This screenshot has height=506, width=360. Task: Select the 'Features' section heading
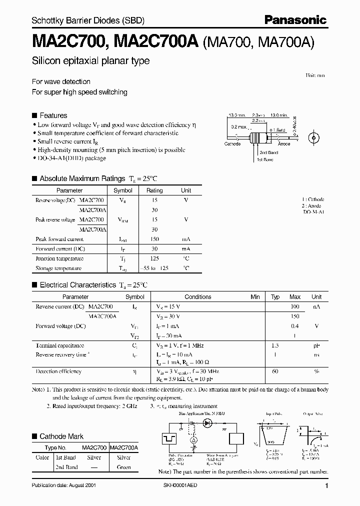(53, 115)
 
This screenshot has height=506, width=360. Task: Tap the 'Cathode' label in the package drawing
(232, 144)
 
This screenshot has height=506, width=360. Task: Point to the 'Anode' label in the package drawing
(284, 144)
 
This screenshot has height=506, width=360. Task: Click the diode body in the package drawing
(260, 136)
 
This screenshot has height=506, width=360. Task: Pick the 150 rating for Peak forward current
(154, 239)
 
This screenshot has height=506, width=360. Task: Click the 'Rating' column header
(154, 190)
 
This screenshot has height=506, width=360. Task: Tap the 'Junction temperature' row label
(59, 258)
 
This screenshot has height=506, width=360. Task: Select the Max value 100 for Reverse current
(295, 306)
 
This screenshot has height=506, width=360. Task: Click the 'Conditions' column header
(198, 296)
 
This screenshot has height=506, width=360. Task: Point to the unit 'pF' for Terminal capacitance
(316, 345)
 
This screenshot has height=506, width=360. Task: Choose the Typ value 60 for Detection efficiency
(275, 371)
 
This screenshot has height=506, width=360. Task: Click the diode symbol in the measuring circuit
(206, 422)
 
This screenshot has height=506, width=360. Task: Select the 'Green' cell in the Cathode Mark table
(123, 467)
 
